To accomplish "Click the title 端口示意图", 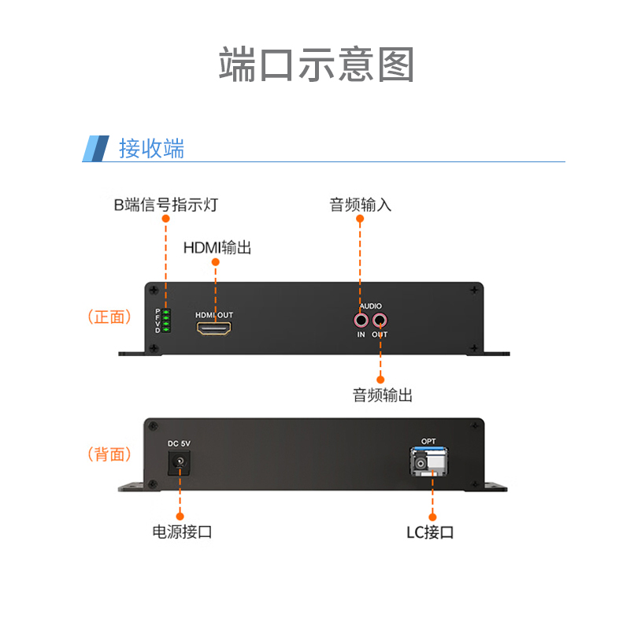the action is click(317, 65).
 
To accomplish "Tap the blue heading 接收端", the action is click(151, 148).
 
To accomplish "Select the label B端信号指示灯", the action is click(166, 205).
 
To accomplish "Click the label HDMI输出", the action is click(217, 247).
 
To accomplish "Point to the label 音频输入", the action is click(360, 205).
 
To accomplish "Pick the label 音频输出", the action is click(382, 395).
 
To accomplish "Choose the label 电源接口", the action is click(182, 532).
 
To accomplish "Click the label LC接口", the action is click(430, 532).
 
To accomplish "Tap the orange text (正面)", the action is click(109, 317).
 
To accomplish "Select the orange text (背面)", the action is click(109, 454).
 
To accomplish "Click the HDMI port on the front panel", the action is click(213, 328).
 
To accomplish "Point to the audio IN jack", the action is click(361, 321).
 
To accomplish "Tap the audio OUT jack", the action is click(380, 321).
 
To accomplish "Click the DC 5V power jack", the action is click(179, 462).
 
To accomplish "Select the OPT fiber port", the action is click(428, 461).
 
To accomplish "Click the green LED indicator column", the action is click(166, 321).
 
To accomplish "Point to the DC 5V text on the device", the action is click(179, 443).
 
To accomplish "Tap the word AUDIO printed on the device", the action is click(370, 306).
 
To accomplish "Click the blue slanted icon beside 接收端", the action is click(95, 149).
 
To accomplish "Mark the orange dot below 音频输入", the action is click(360, 219).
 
